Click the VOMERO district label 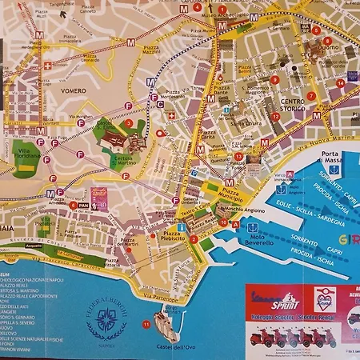click(x=76, y=91)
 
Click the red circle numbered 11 click(x=145, y=324)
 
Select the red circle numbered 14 click(x=340, y=82)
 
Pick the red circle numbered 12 click(x=275, y=116)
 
